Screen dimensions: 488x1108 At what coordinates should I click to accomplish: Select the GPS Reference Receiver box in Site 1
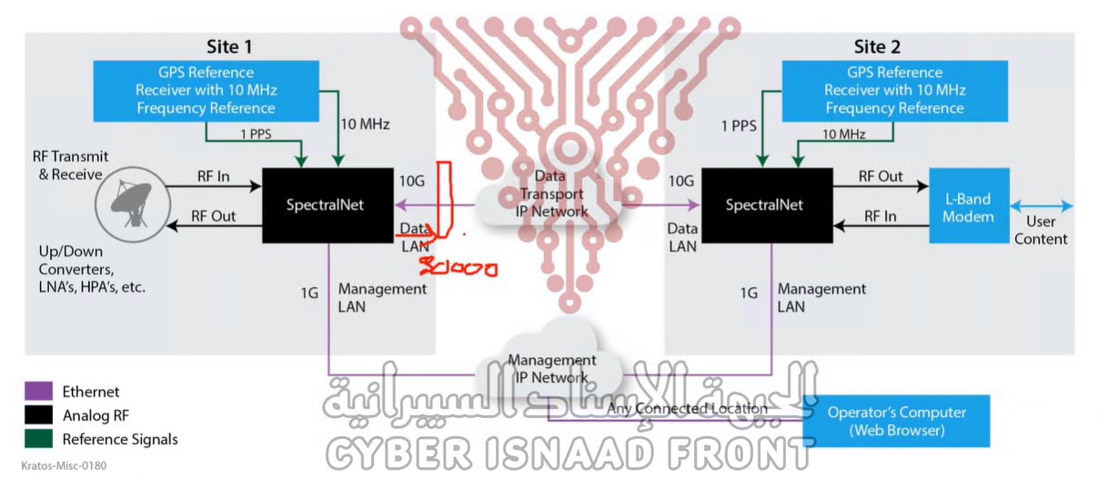[x=206, y=90]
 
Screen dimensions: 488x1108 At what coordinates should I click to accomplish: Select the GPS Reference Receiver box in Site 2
[x=894, y=90]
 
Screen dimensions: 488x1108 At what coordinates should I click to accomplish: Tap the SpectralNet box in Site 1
[x=325, y=204]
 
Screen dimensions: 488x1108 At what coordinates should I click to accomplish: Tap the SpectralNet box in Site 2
[x=764, y=204]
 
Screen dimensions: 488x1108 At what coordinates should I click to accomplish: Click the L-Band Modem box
[x=969, y=207]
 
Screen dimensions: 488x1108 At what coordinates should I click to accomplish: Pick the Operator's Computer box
[x=896, y=421]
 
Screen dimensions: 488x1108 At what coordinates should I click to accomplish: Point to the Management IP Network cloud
[x=551, y=368]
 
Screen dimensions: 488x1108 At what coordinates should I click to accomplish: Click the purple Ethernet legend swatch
[x=38, y=393]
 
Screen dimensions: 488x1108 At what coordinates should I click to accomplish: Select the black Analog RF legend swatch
[x=38, y=416]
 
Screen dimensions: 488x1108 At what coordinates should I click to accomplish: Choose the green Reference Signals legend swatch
[x=38, y=440]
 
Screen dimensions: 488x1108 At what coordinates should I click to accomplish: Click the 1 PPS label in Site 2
[x=738, y=125]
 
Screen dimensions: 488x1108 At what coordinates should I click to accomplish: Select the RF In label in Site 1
[x=213, y=176]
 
